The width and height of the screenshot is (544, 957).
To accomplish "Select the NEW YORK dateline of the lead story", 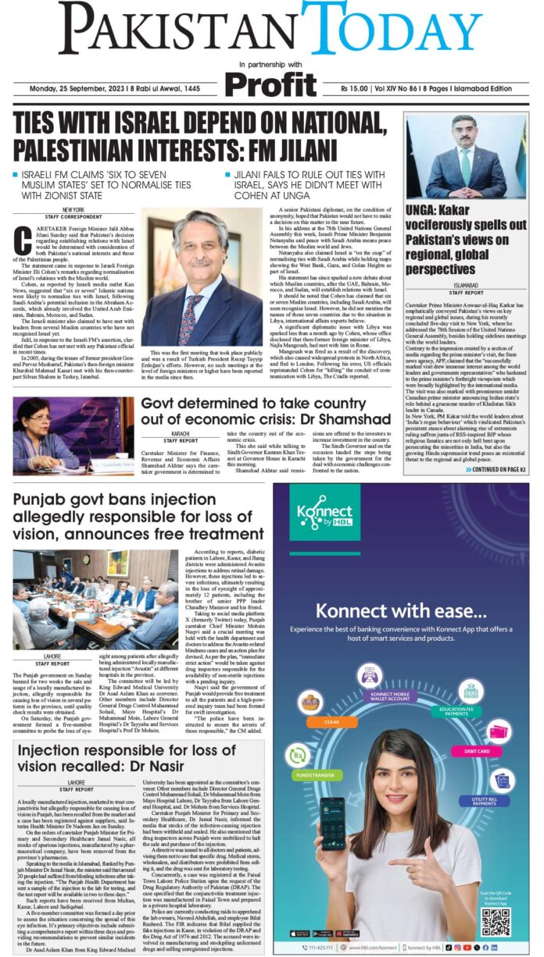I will pyautogui.click(x=74, y=211).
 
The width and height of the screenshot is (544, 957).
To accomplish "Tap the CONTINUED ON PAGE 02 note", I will pyautogui.click(x=497, y=469).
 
